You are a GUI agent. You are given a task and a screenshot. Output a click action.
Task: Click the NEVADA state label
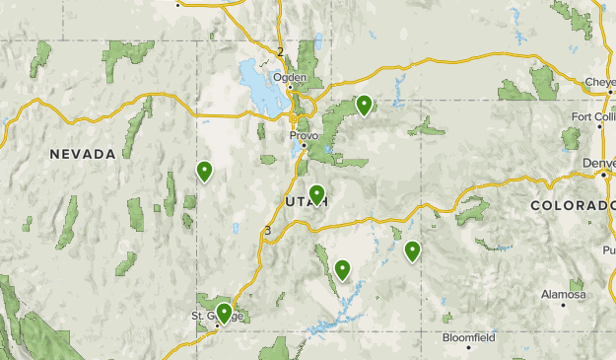(x=84, y=154)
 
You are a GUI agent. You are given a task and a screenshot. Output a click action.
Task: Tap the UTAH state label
(x=306, y=202)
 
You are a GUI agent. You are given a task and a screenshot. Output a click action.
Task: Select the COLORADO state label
(x=573, y=205)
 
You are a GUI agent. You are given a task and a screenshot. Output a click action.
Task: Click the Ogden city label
(x=290, y=76)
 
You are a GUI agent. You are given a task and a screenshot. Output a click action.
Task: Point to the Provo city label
(x=302, y=135)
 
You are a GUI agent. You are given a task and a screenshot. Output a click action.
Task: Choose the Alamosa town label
(x=563, y=294)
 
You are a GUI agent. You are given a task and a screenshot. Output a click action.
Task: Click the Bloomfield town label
(x=469, y=336)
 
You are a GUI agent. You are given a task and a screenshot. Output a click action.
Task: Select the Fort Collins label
(x=593, y=116)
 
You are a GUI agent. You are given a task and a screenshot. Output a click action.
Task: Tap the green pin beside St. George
(x=224, y=313)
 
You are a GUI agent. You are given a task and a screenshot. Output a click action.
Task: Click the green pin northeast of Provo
(x=364, y=104)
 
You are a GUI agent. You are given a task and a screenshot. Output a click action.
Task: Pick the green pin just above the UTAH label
(x=316, y=193)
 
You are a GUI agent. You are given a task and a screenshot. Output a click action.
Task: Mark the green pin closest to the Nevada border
(x=204, y=172)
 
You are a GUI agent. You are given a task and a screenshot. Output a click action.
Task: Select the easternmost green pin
(x=412, y=251)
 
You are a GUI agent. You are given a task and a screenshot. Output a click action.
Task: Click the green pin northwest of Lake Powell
(x=342, y=268)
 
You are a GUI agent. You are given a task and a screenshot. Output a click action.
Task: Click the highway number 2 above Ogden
(x=280, y=51)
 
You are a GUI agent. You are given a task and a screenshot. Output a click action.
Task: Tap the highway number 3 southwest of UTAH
(x=266, y=232)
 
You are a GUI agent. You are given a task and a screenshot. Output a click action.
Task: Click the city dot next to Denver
(x=604, y=175)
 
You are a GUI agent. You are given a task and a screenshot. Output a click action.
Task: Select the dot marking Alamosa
(x=564, y=305)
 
